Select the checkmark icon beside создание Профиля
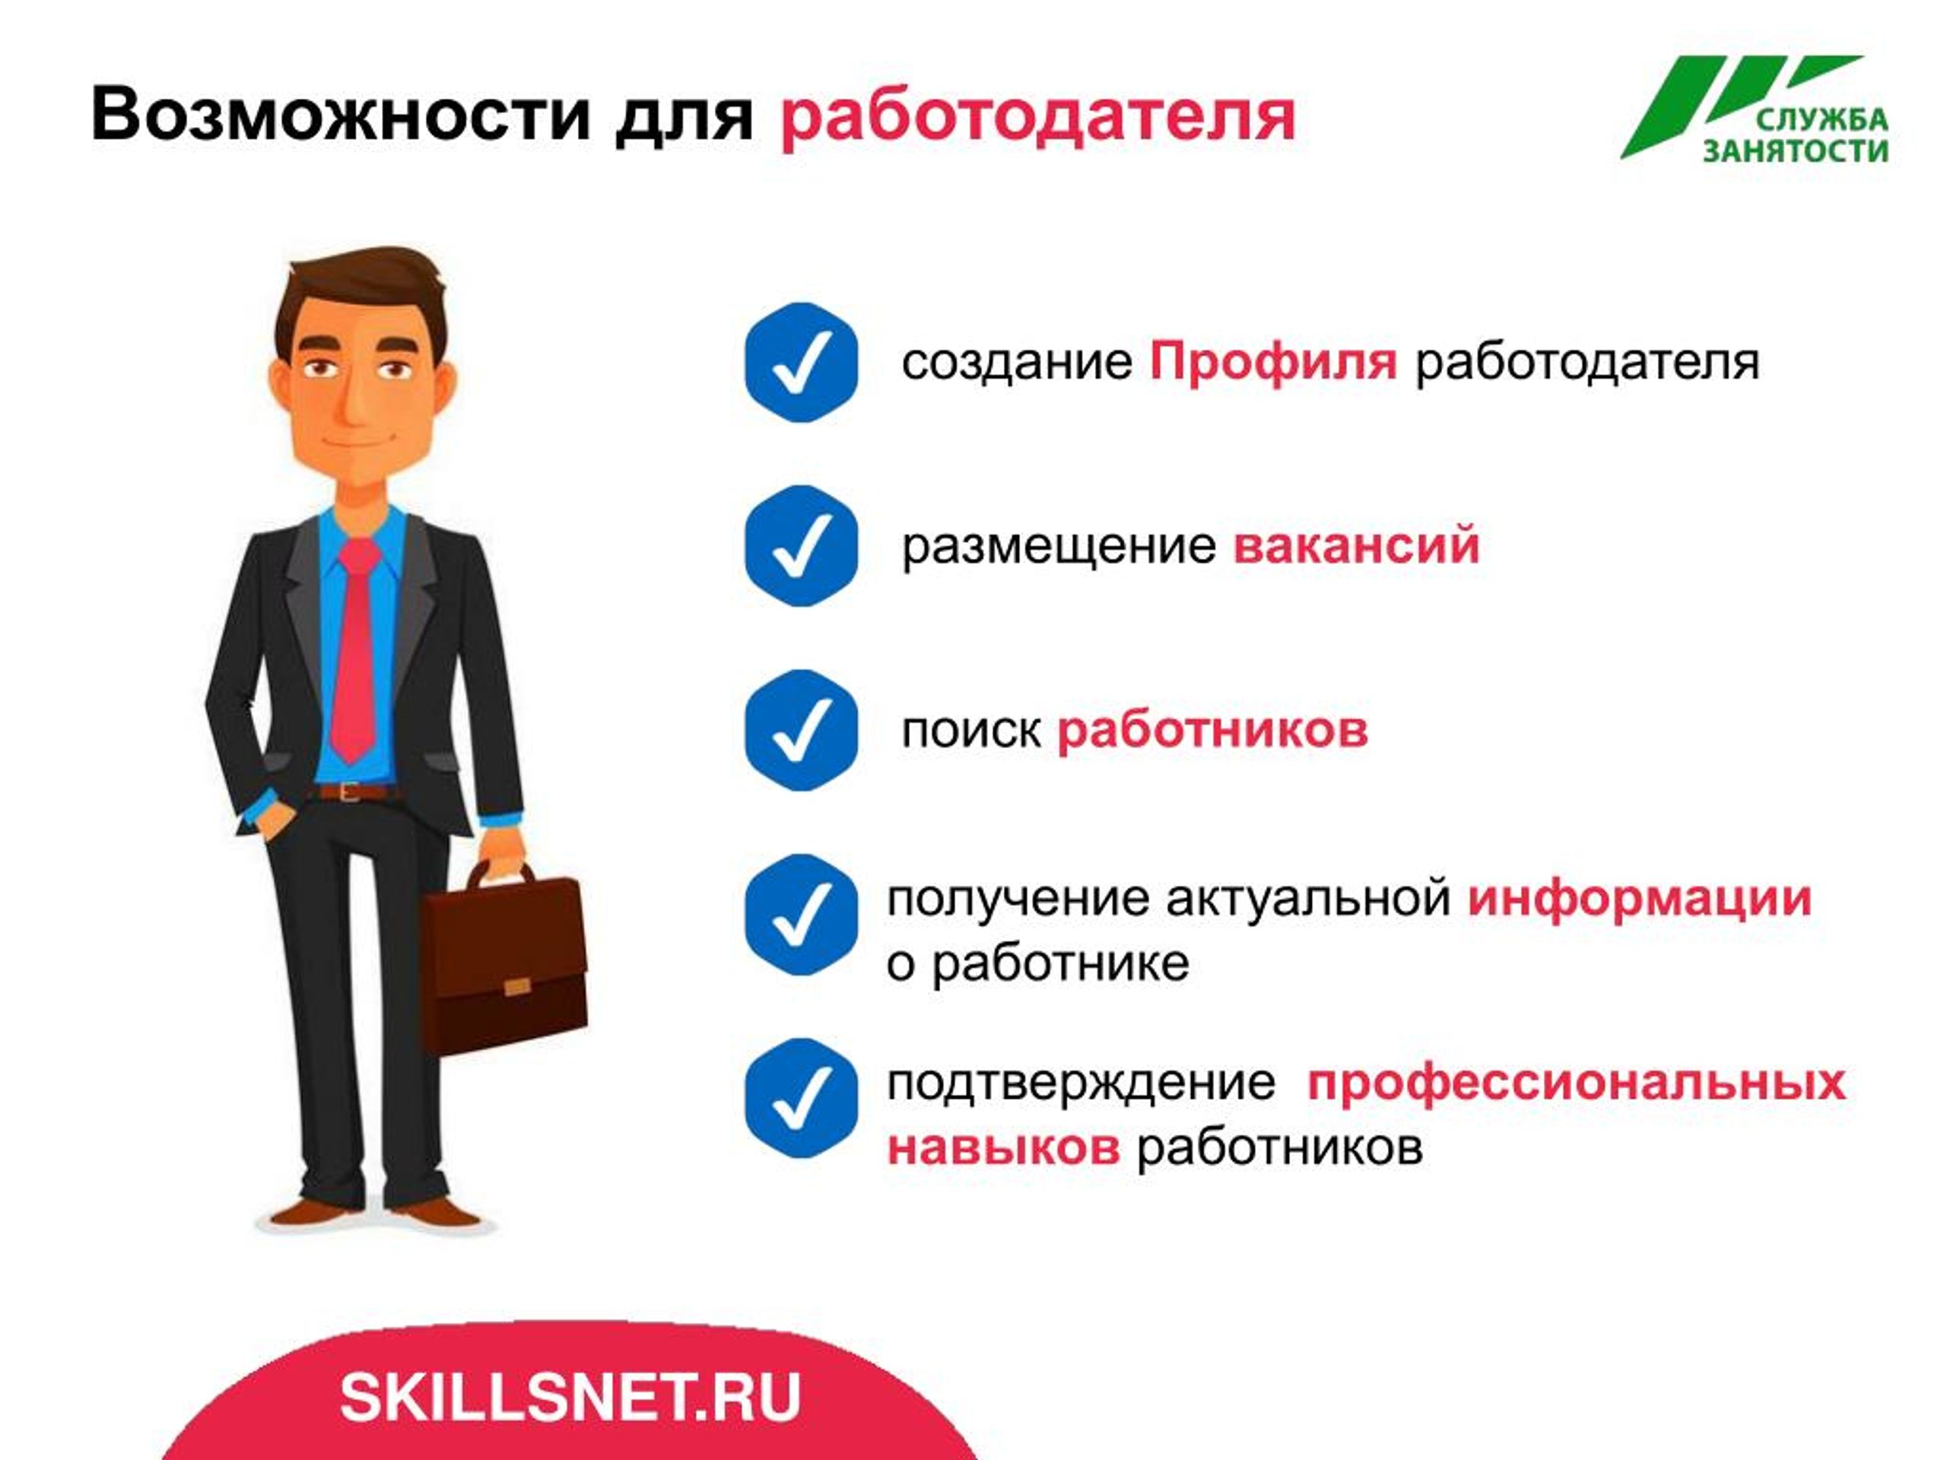801,363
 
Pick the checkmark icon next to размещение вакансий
801,546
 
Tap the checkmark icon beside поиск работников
801,731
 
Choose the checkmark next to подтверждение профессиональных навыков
801,1098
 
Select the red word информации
1639,900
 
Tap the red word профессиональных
1577,1083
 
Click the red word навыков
1003,1147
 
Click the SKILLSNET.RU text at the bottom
570,1398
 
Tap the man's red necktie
356,649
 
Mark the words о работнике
1037,963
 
